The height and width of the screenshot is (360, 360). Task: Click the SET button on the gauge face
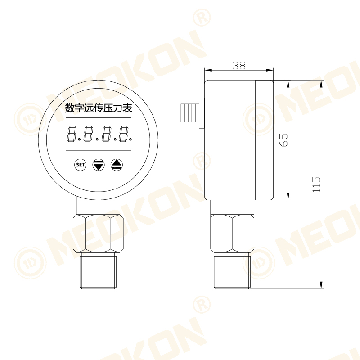point(80,165)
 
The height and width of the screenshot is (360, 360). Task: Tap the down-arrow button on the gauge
point(98,165)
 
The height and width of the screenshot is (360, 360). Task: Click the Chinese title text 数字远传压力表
point(99,108)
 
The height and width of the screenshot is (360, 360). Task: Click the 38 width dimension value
point(239,65)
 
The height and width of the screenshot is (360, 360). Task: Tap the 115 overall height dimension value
point(317,184)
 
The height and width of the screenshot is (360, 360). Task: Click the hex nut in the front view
point(98,233)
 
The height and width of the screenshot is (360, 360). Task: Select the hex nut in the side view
point(232,233)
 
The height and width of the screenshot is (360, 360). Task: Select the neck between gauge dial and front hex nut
point(98,206)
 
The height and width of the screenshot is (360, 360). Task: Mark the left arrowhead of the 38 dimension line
point(207,70)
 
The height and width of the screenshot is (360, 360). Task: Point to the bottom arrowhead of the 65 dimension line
point(288,197)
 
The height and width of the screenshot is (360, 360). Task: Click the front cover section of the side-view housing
point(264,139)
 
